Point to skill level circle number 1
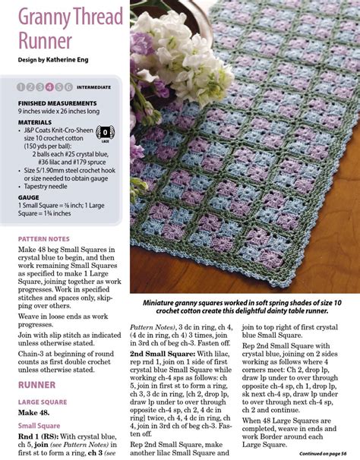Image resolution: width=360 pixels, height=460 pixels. tap(21, 87)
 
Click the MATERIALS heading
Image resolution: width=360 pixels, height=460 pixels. tap(35, 121)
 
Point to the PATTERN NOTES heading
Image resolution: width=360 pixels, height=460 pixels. tap(45, 238)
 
